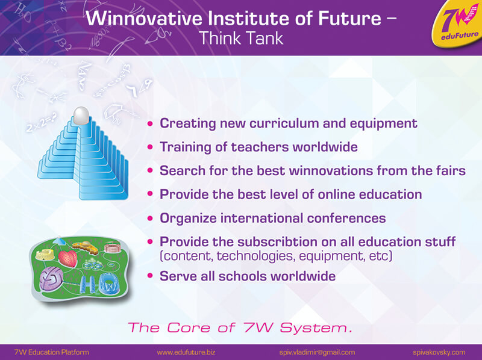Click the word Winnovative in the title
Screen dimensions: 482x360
pyautogui.click(x=144, y=18)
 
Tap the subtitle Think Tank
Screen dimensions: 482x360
pyautogui.click(x=240, y=39)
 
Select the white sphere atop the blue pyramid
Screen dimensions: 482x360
pyautogui.click(x=81, y=116)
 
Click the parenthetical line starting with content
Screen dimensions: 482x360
pyautogui.click(x=276, y=256)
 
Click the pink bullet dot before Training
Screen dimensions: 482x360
pyautogui.click(x=150, y=147)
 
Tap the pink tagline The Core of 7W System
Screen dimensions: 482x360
pyautogui.click(x=240, y=327)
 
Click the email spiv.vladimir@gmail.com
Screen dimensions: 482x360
pyautogui.click(x=317, y=352)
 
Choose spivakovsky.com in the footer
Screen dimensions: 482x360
pyautogui.click(x=439, y=352)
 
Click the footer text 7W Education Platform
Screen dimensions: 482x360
pyautogui.click(x=52, y=352)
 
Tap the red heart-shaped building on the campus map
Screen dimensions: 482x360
pyautogui.click(x=67, y=258)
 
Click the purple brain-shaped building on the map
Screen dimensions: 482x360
pyautogui.click(x=51, y=278)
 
